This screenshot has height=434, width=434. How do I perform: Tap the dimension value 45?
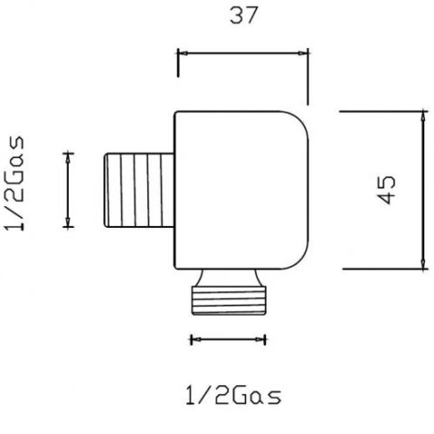(387, 191)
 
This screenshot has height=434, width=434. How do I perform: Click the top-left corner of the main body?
(175, 112)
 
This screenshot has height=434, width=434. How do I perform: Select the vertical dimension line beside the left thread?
(68, 191)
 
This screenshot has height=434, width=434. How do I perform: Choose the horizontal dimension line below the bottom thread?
(228, 340)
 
